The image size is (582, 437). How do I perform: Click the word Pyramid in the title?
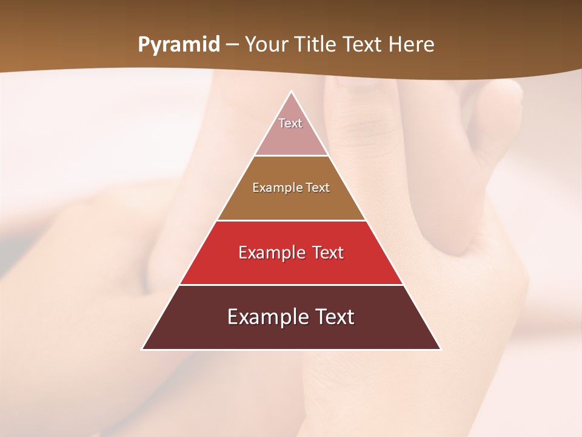pyautogui.click(x=178, y=45)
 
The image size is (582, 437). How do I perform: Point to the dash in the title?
pyautogui.click(x=231, y=46)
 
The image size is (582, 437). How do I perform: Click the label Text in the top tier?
pyautogui.click(x=290, y=123)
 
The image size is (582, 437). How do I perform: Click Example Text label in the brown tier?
pyautogui.click(x=291, y=188)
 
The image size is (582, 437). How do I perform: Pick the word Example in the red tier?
pyautogui.click(x=270, y=252)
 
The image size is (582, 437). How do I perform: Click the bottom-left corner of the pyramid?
pyautogui.click(x=142, y=349)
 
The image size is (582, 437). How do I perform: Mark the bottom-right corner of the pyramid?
pyautogui.click(x=440, y=349)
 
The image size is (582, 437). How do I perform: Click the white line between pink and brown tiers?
pyautogui.click(x=291, y=156)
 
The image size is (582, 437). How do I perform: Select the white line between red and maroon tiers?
pyautogui.click(x=291, y=285)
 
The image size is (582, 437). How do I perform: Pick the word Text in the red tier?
pyautogui.click(x=324, y=252)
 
